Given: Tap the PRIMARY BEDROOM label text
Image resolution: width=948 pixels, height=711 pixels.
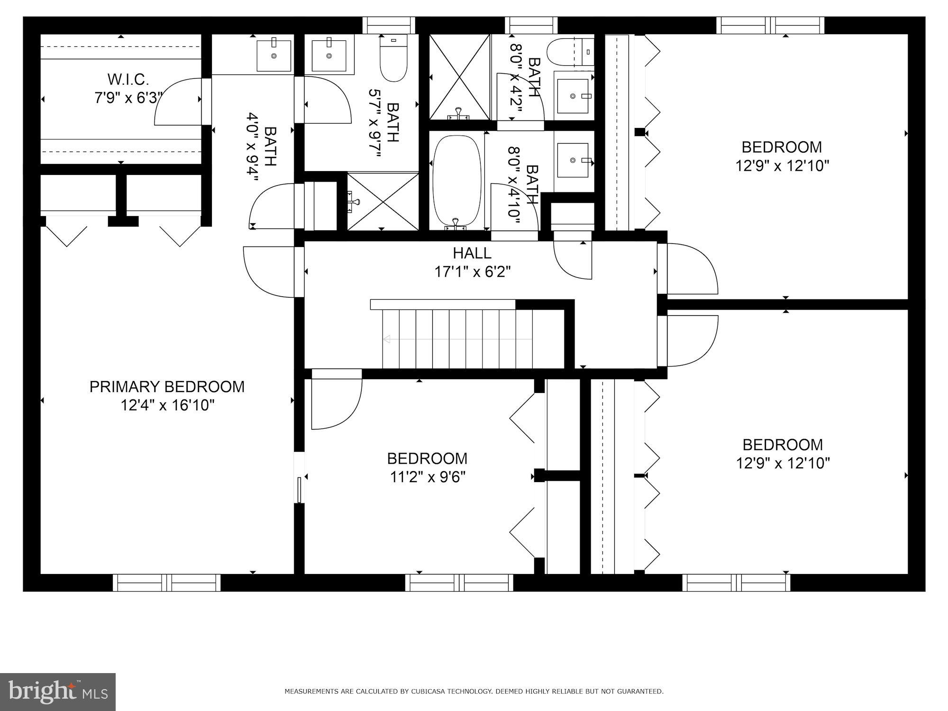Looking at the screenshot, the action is click(x=167, y=387).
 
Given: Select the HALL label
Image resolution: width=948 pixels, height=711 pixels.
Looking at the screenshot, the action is click(x=472, y=253).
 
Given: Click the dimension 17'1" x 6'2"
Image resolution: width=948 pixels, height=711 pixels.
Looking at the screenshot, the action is click(x=473, y=272).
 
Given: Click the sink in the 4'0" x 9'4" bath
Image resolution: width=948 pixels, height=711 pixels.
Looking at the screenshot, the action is click(x=274, y=55).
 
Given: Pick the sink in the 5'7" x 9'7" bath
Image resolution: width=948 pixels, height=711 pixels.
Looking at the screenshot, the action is click(x=329, y=55).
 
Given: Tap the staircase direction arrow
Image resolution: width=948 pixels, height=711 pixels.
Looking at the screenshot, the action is click(x=457, y=339).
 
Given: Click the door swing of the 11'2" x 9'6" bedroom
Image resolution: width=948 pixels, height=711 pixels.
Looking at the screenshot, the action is click(x=337, y=404).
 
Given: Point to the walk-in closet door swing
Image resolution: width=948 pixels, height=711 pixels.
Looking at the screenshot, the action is click(x=178, y=102).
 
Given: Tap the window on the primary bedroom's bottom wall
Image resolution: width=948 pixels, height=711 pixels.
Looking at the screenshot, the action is click(x=167, y=583).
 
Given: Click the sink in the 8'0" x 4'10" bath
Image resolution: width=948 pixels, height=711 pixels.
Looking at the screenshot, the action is click(x=574, y=161).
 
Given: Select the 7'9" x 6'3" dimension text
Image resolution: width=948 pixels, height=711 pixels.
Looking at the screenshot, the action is click(x=129, y=98).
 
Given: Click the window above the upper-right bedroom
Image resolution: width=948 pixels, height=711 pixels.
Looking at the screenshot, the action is click(x=770, y=25).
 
